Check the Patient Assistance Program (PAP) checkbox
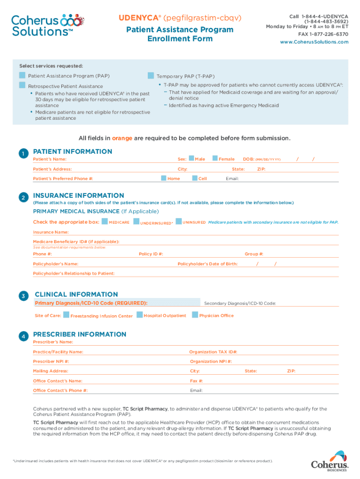tap(22, 75)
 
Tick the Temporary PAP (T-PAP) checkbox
tap(151, 76)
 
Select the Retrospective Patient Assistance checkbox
tap(22, 85)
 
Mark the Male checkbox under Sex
tap(191, 159)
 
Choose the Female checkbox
tap(215, 159)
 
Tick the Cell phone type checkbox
tap(195, 178)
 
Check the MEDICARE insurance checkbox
tap(105, 221)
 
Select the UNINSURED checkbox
tap(179, 221)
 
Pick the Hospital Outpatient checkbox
tap(140, 315)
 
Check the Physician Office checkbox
tap(195, 315)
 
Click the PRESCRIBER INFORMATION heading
tap(79, 334)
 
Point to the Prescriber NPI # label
tap(51, 362)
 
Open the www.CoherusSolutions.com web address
tap(314, 42)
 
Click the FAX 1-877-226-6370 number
tap(320, 34)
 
